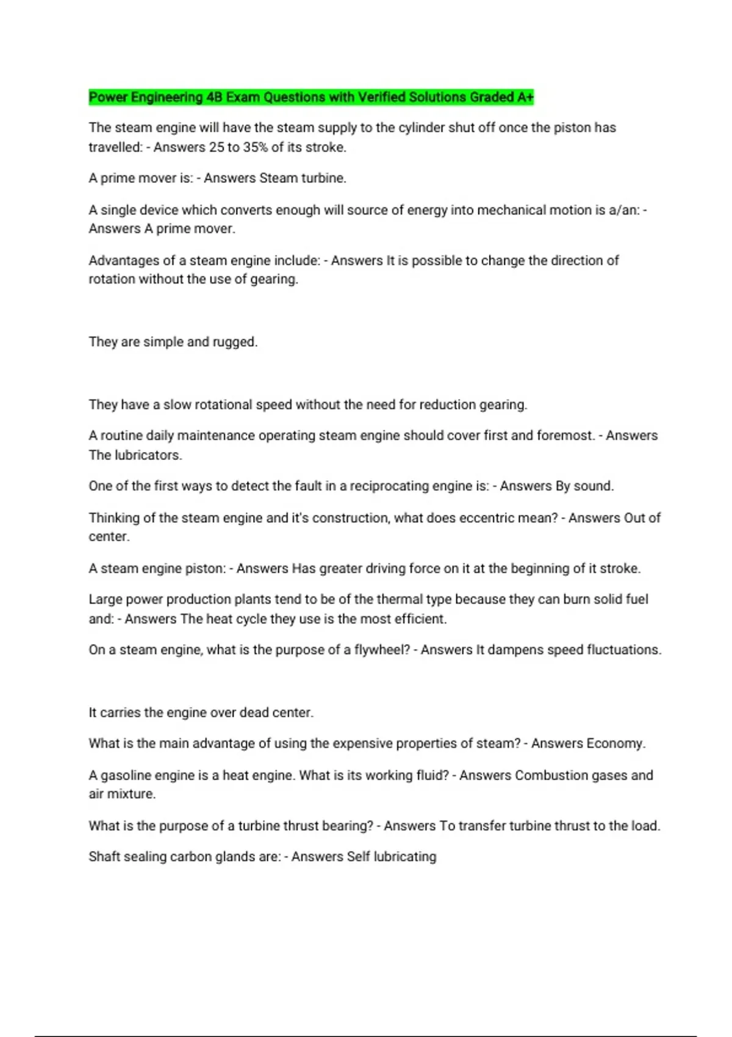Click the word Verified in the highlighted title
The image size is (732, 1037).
point(381,97)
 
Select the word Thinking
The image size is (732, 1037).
point(114,518)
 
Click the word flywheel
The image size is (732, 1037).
point(382,650)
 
